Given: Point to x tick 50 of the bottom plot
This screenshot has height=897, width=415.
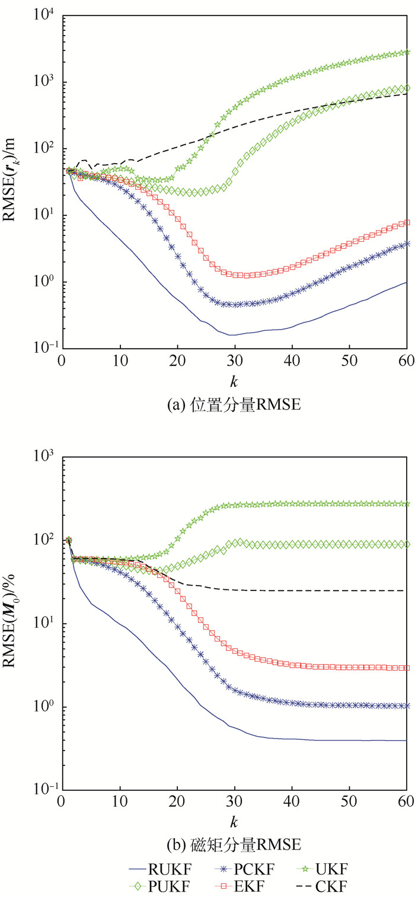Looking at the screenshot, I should (x=350, y=803).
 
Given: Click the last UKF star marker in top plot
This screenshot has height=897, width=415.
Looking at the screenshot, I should (x=407, y=52).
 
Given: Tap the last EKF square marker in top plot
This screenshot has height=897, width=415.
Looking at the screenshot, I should (x=407, y=223).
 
